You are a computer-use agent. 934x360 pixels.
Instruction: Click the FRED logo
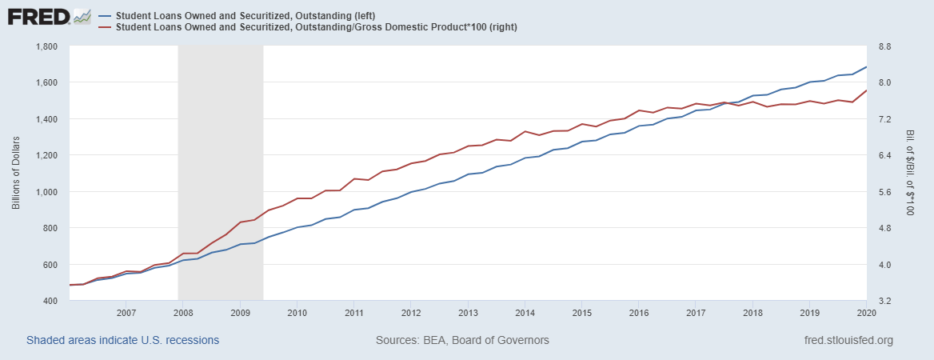pos(50,16)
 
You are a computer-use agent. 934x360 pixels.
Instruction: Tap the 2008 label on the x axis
pos(182,313)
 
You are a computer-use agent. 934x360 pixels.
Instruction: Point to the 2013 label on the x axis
pos(468,313)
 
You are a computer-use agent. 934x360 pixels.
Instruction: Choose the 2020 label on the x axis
pos(866,313)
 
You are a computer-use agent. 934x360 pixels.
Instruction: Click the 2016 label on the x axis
pos(639,313)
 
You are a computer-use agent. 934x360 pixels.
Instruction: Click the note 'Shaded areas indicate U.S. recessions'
pos(122,341)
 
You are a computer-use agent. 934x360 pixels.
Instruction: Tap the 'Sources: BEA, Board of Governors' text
pos(462,341)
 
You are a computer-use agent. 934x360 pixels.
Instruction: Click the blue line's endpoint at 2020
pos(867,67)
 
